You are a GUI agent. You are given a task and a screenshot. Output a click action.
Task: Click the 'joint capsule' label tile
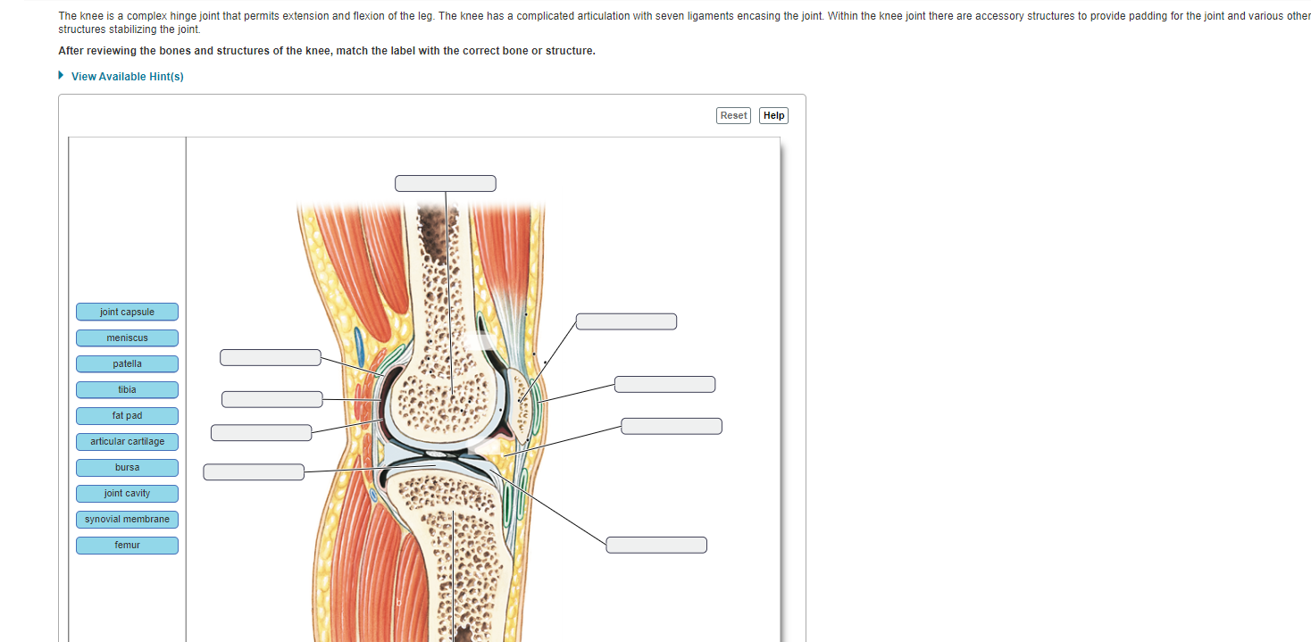coord(127,312)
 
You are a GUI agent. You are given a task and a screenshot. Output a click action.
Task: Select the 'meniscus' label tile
coord(127,338)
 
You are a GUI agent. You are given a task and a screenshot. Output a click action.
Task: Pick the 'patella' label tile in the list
coord(127,363)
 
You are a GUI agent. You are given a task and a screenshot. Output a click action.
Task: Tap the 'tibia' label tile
coord(127,389)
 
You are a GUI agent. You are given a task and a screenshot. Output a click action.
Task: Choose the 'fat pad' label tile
coord(127,415)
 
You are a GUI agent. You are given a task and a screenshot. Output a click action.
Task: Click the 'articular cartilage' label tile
coord(127,441)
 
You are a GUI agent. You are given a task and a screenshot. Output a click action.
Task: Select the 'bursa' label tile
coord(127,467)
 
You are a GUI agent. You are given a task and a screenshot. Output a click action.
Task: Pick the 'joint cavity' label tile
coord(127,493)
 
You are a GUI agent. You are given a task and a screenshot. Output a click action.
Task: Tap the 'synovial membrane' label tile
coord(127,519)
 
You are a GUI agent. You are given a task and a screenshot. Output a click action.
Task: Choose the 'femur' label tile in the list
coord(127,545)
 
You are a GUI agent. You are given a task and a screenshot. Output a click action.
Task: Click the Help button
coord(773,115)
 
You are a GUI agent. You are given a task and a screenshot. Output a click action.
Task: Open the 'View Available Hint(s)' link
coord(128,77)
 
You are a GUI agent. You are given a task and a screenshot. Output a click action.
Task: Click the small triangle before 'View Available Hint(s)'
coord(62,76)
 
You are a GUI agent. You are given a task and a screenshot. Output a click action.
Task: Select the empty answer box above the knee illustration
coord(446,183)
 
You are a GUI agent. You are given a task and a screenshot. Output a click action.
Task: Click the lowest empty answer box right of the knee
coord(656,545)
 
